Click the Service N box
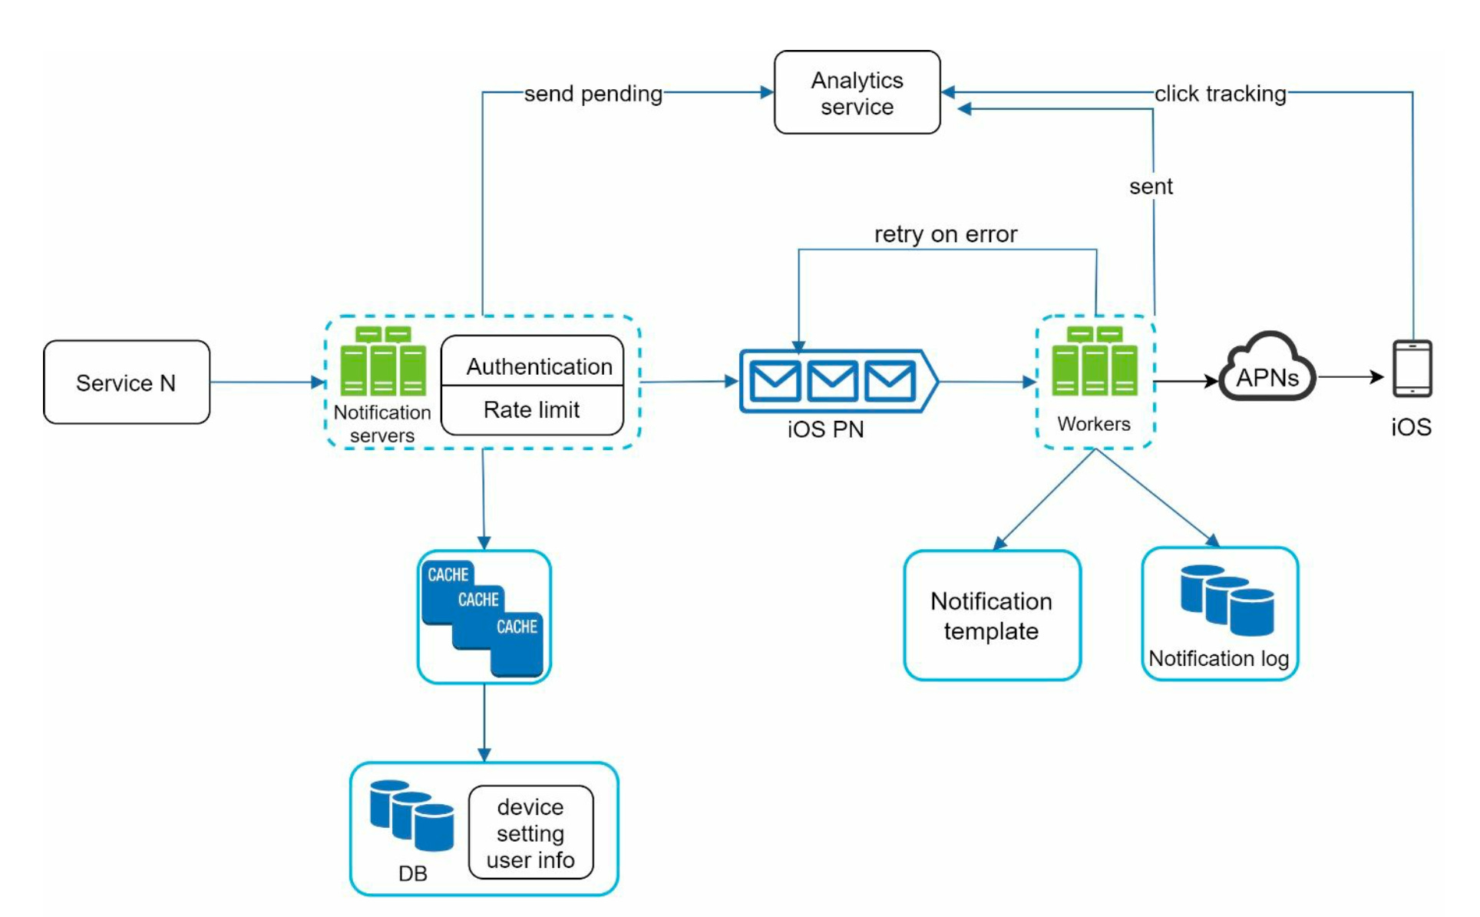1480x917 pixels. pyautogui.click(x=127, y=382)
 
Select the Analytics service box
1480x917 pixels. pyautogui.click(x=857, y=93)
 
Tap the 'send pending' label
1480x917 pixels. pyautogui.click(x=593, y=94)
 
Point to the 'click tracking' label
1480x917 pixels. pyautogui.click(x=1220, y=94)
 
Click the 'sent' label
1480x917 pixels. pyautogui.click(x=1150, y=187)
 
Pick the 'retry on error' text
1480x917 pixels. pyautogui.click(x=945, y=234)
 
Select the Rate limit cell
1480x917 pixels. pyautogui.click(x=531, y=410)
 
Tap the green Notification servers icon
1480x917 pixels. pyautogui.click(x=383, y=362)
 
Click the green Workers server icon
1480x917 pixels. pyautogui.click(x=1094, y=362)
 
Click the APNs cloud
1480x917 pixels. pyautogui.click(x=1267, y=370)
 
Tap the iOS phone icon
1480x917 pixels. pyautogui.click(x=1412, y=369)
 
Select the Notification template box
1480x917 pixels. pyautogui.click(x=992, y=615)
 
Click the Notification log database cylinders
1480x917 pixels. pyautogui.click(x=1227, y=601)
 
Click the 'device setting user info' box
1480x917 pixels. pyautogui.click(x=530, y=833)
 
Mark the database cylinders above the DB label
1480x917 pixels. pyautogui.click(x=411, y=816)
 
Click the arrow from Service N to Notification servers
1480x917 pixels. pyautogui.click(x=266, y=382)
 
